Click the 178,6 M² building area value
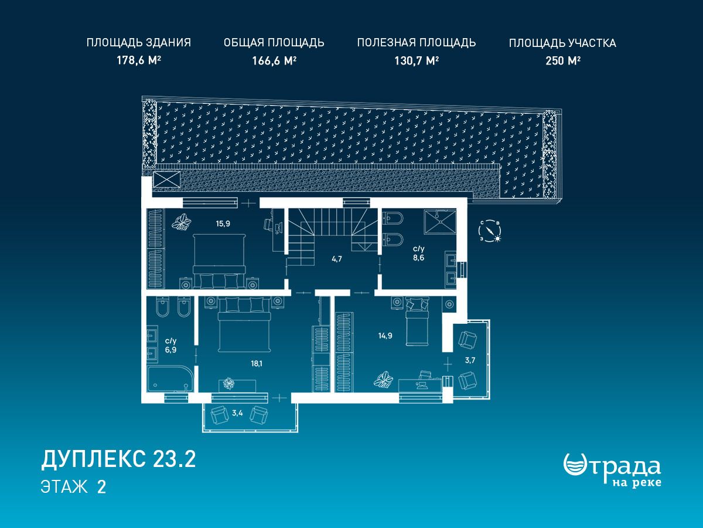[x=139, y=60]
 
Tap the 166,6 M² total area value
[x=274, y=60]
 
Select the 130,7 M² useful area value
[x=417, y=60]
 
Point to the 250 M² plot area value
[x=563, y=60]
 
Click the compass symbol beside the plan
[x=490, y=231]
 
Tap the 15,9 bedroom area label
[x=223, y=224]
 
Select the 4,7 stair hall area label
[x=337, y=259]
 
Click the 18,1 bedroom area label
[x=257, y=364]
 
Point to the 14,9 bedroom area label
[x=385, y=336]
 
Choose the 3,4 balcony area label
[x=237, y=413]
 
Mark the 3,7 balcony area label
[x=470, y=360]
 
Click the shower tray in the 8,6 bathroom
[x=441, y=222]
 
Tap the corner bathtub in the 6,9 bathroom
[x=170, y=379]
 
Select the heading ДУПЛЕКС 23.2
[x=118, y=459]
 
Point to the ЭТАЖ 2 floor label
[x=73, y=487]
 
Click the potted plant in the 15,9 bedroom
[x=182, y=222]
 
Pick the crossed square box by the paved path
[x=166, y=180]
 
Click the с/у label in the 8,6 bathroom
[x=419, y=248]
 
